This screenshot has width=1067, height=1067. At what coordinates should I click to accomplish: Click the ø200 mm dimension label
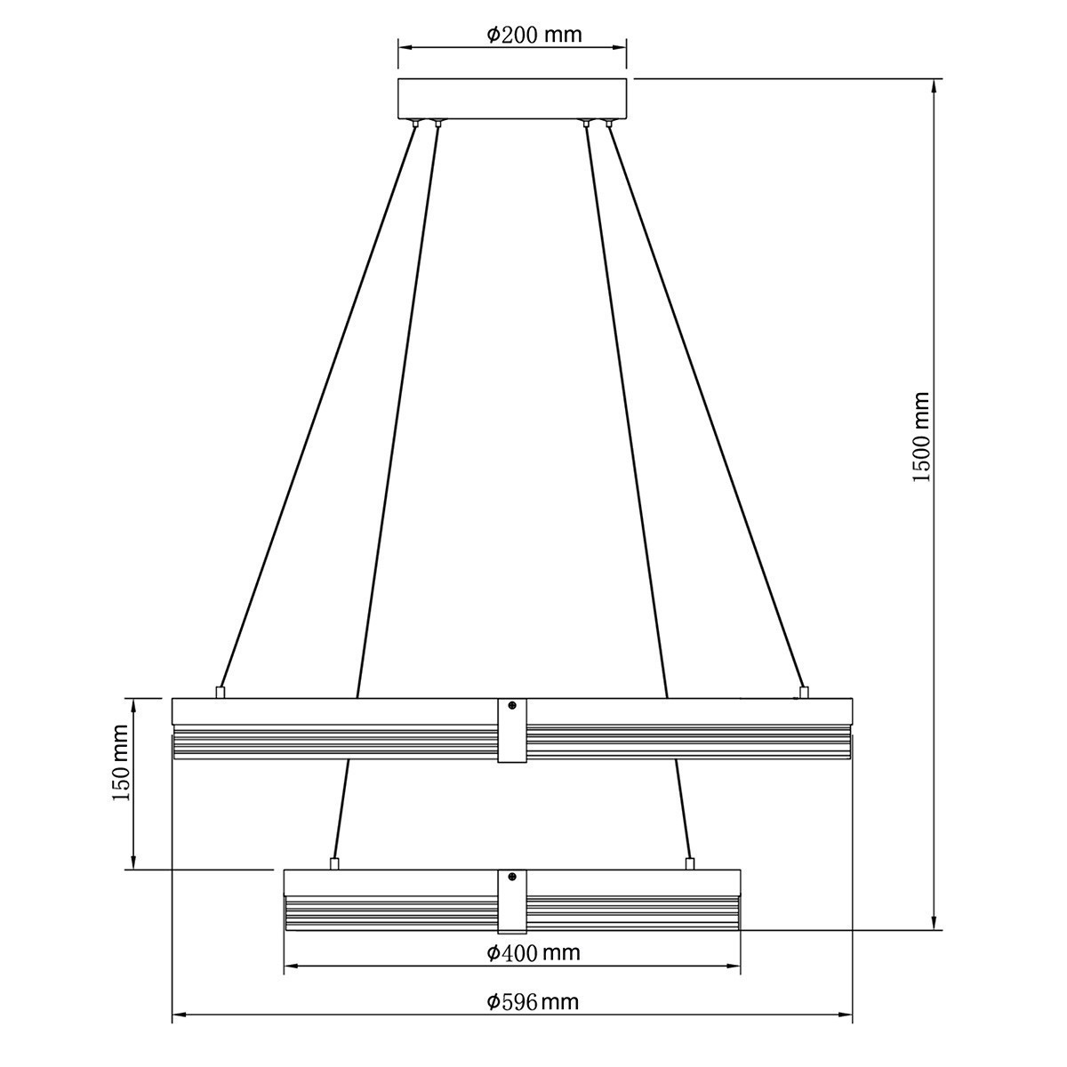point(533,35)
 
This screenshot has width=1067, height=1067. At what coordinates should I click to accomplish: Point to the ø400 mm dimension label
point(533,953)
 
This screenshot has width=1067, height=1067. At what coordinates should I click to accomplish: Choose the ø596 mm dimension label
point(533,1002)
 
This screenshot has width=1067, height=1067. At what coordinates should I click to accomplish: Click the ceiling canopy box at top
point(512,99)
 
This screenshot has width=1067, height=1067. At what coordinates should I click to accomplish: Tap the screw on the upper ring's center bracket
point(512,706)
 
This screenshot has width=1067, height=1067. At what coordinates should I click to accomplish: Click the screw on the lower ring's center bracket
point(512,877)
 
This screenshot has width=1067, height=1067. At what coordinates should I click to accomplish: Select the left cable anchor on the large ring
point(221,692)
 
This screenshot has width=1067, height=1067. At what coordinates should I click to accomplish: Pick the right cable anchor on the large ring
point(804,692)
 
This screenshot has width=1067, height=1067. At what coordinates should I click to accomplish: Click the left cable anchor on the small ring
point(334,863)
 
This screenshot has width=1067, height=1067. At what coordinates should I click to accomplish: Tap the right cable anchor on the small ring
point(689,863)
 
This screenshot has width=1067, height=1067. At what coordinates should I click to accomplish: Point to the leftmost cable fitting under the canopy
point(416,123)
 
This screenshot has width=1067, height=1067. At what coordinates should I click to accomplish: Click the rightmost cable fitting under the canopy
point(609,123)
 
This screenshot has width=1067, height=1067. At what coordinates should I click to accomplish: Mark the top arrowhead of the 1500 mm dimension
point(934,85)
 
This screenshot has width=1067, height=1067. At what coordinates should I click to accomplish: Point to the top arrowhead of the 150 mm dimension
point(133,704)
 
